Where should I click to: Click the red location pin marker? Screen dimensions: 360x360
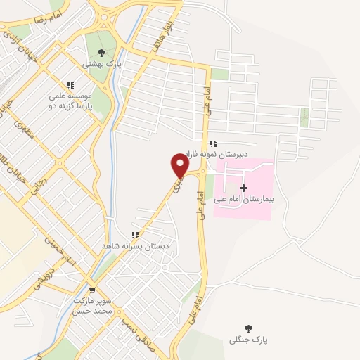point(180,166)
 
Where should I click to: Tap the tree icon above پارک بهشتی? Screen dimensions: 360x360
point(101,52)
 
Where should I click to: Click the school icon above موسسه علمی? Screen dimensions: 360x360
point(71,85)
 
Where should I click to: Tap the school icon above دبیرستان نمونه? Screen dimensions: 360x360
point(213,143)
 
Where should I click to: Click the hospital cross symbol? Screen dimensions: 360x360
point(244,188)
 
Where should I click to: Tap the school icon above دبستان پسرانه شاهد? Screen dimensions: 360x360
point(133,236)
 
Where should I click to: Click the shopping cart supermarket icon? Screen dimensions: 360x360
point(92,290)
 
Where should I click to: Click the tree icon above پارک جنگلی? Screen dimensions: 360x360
point(248,328)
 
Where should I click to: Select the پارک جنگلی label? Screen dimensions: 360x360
point(249,340)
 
